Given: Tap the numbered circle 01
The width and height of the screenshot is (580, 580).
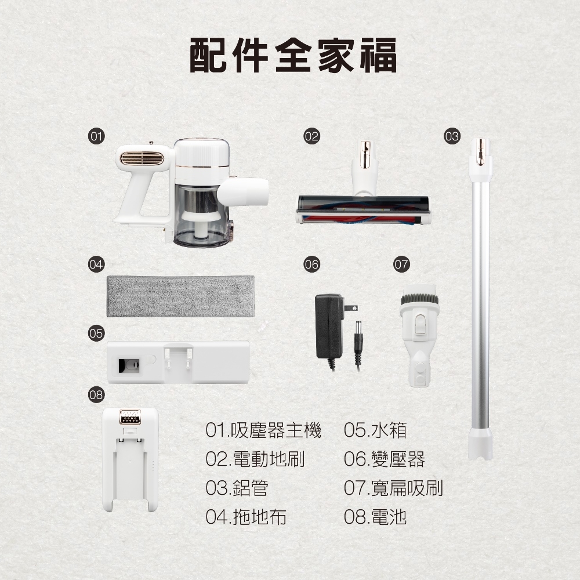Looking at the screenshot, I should tap(96, 137).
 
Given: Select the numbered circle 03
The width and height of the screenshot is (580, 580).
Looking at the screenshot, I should tap(452, 137).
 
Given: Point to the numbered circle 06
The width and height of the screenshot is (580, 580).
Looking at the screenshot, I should tap(311, 264).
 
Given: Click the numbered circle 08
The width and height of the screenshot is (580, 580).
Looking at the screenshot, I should tap(96, 396).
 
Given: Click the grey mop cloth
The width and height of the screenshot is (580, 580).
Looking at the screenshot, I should tap(181, 296).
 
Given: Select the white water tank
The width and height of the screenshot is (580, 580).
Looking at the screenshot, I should tap(179, 362).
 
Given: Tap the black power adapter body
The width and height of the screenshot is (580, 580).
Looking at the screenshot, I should tap(329, 326).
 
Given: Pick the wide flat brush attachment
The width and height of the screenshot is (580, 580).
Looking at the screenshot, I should tap(418, 335).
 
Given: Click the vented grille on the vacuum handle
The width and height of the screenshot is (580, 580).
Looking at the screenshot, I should tap(142, 158).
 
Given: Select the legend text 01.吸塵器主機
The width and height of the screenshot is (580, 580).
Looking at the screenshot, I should tap(263, 430).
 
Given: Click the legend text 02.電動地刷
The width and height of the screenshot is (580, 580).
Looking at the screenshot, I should tap(255, 459).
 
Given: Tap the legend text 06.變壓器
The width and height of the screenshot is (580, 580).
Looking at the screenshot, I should tap(384, 459).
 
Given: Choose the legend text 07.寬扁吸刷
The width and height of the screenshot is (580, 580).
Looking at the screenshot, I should tap(393, 488).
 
